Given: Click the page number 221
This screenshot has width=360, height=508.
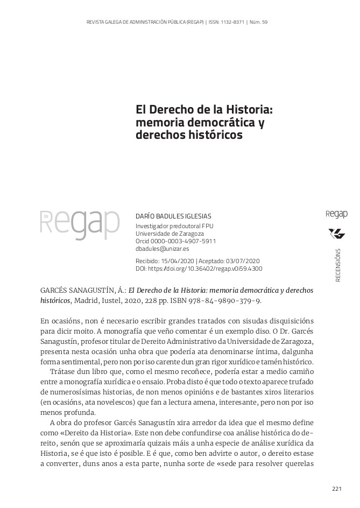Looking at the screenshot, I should pos(337,489).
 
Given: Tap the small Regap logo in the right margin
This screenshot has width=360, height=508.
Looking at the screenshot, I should pos(337,214).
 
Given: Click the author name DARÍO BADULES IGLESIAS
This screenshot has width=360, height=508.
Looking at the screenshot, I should pos(173,216).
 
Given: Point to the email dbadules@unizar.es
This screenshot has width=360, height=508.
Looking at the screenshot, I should pos(162,249).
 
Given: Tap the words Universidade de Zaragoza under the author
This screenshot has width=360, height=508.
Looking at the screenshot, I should pos(170,234).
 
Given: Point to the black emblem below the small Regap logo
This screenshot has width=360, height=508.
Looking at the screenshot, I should pos(337,234).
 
